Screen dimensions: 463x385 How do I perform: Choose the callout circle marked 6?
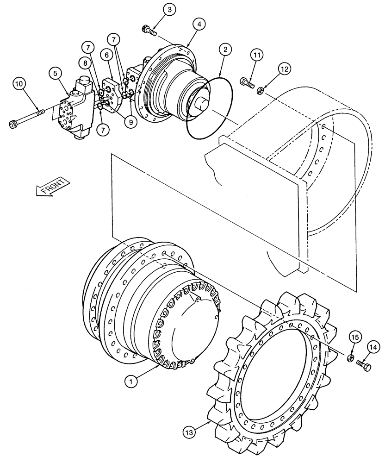(106, 55)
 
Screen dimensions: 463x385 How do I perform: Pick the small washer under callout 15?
(350, 357)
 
